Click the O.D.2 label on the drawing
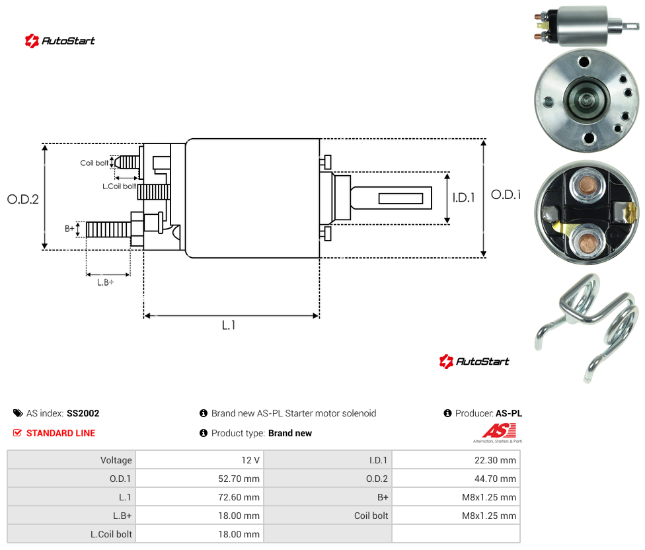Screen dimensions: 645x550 pos(23,199)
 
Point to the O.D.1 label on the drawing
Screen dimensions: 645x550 pos(506,194)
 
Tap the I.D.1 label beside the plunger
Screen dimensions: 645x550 pos(464,198)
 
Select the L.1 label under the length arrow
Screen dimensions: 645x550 pos(229,325)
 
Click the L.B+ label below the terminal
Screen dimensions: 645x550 pos(106,282)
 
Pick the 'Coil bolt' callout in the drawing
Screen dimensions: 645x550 pos(95,163)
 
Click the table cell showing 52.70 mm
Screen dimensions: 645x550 pos(239,479)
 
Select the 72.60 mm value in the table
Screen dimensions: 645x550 pos(239,497)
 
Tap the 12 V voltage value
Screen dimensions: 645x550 pos(250,460)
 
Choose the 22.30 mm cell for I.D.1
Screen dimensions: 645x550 pos(495,460)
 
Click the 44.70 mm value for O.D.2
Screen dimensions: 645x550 pos(495,479)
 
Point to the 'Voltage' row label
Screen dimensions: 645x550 pos(116,460)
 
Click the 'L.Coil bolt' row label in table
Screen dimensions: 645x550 pos(112,534)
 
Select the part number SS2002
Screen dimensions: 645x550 pos(83,413)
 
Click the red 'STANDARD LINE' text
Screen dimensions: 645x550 pos(61,433)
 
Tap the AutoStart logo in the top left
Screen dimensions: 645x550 pos(60,41)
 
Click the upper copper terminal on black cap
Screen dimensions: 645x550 pos(587,186)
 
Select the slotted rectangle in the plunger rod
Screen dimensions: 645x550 pos(400,199)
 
